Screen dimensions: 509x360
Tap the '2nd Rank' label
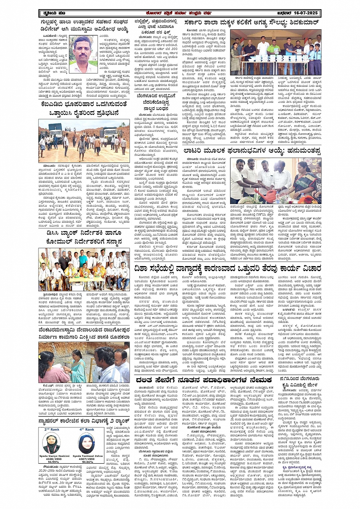pos(52,429)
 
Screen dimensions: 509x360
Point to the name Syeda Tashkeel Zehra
pos(88,456)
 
